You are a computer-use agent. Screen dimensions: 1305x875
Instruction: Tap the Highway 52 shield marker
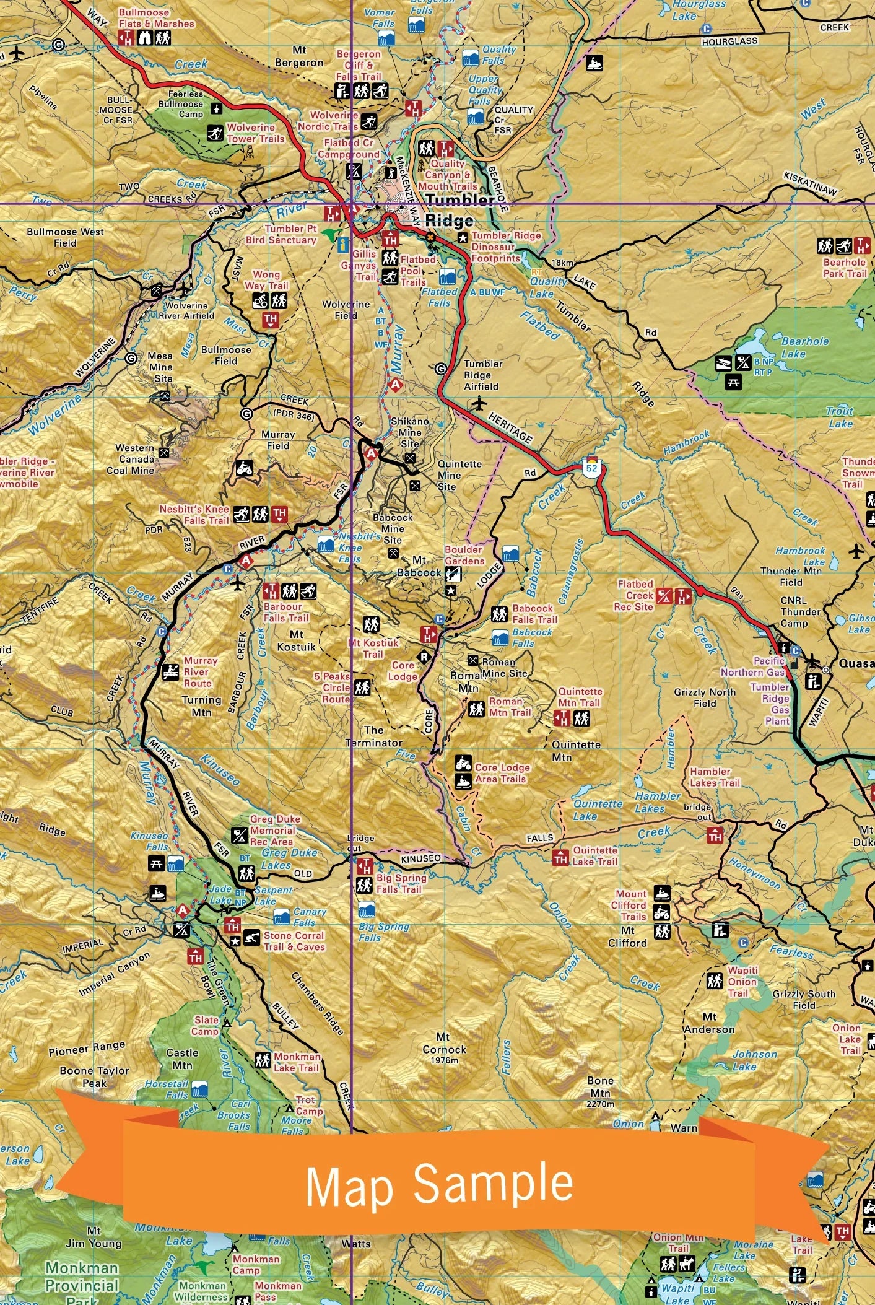click(592, 468)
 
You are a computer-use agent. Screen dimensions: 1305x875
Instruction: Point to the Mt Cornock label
click(444, 1044)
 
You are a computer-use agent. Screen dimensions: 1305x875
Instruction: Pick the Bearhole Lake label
click(804, 347)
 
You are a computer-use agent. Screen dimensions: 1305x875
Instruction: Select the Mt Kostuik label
click(296, 640)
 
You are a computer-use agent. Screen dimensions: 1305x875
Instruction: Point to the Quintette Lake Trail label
click(594, 856)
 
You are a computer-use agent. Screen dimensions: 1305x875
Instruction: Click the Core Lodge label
click(403, 671)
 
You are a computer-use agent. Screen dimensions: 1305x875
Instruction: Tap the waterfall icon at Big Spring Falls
click(367, 910)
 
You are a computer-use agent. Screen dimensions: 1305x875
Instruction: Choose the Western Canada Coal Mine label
click(134, 459)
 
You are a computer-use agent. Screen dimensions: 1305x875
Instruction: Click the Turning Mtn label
click(201, 706)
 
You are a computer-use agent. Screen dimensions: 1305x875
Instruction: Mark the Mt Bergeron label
click(299, 56)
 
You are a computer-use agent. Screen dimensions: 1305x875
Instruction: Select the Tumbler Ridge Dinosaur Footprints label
click(505, 247)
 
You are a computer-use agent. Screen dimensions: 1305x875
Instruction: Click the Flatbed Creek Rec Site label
click(634, 595)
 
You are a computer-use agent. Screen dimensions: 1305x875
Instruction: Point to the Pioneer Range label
click(87, 1048)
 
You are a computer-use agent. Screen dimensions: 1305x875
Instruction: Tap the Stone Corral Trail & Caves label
click(294, 941)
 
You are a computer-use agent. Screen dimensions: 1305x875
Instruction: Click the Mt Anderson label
click(709, 1023)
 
